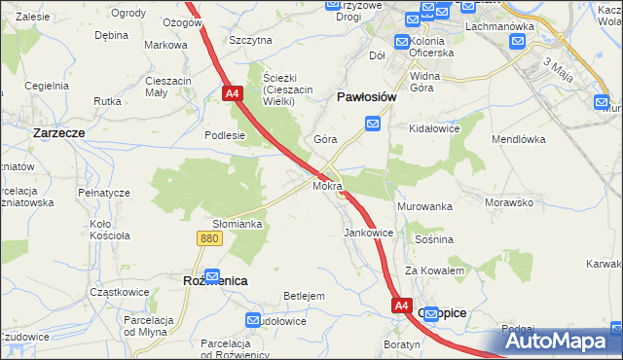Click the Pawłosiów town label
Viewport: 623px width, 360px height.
(365, 97)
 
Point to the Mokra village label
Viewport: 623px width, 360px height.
(326, 185)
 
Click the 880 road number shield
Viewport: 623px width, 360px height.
(207, 237)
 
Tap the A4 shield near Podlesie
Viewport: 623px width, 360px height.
(232, 93)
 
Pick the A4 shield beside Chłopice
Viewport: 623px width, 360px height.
(403, 306)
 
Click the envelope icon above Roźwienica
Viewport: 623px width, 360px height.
(212, 275)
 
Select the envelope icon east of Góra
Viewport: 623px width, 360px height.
(373, 124)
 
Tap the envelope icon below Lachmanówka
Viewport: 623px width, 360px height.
(517, 42)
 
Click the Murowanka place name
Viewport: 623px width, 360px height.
(425, 207)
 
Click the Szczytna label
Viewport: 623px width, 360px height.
(250, 41)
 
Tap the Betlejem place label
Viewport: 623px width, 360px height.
(303, 295)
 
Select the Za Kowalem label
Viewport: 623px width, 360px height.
(434, 270)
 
